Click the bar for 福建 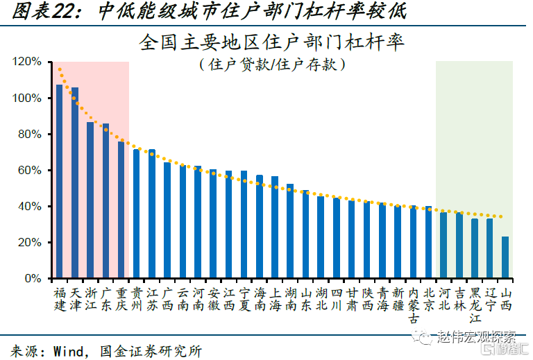[60, 182]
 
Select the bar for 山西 [505, 257]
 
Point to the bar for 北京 [428, 242]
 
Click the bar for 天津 [75, 183]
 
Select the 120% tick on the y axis [27, 62]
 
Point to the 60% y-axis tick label [30, 171]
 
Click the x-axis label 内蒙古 [413, 305]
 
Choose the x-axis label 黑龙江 [475, 305]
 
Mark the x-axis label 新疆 [398, 299]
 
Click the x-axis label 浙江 [90, 299]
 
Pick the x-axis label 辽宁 [490, 299]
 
